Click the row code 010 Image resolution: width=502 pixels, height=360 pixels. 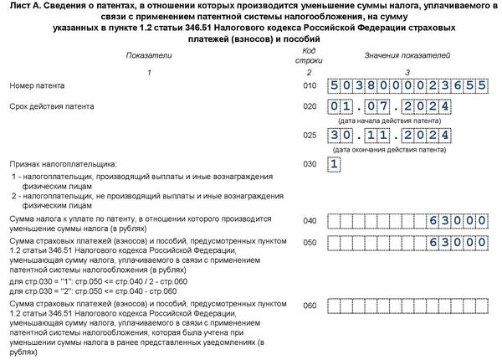pos(310,85)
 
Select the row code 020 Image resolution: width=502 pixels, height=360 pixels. pos(310,107)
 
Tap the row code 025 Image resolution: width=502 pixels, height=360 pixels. pos(310,134)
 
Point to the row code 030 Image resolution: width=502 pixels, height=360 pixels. pos(310,164)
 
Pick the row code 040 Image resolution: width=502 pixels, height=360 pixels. pos(310,220)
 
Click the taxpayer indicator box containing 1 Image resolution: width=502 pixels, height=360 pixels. pos(335,164)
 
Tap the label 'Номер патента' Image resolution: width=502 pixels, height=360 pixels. pos(37,85)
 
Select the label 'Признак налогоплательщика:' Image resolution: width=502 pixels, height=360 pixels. pos(64,164)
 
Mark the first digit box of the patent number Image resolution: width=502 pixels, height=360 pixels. pos(335,85)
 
